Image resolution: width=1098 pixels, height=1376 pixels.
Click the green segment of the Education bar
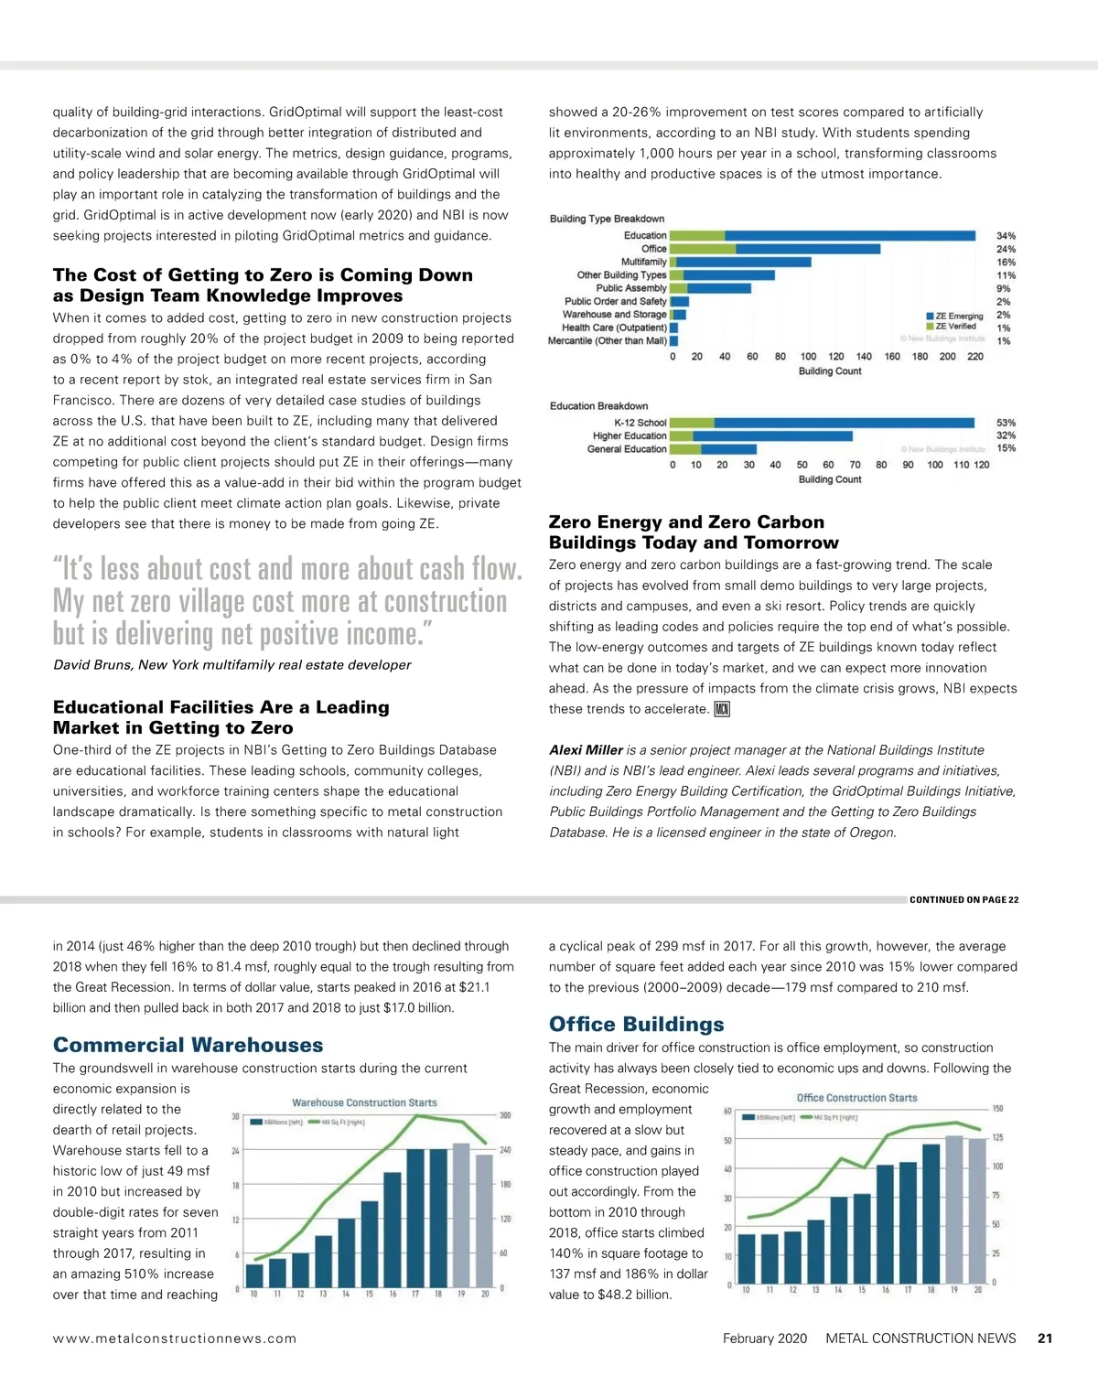(x=698, y=236)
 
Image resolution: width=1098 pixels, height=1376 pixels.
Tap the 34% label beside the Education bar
(x=1006, y=236)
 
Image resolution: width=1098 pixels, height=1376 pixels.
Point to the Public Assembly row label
(x=630, y=288)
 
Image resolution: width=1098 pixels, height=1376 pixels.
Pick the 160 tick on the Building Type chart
(x=892, y=357)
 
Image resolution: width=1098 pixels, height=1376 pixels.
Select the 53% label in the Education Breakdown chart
(x=1006, y=423)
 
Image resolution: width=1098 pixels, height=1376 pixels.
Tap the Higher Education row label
(x=629, y=436)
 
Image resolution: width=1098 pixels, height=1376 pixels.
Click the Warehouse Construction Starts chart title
(x=364, y=1103)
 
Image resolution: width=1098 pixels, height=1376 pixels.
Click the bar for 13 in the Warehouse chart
(x=323, y=1261)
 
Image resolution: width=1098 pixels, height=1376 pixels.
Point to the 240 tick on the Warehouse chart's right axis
(x=505, y=1150)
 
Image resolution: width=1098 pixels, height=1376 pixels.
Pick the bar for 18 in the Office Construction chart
(x=931, y=1213)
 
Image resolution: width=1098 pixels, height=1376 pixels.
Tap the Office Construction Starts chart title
(x=856, y=1098)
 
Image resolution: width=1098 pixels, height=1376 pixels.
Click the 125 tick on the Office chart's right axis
(x=997, y=1137)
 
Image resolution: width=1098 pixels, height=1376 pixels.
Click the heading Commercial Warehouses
(x=188, y=1045)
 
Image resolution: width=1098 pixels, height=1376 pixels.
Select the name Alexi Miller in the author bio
(x=586, y=750)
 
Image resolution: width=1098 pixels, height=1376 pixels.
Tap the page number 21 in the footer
(x=1045, y=1338)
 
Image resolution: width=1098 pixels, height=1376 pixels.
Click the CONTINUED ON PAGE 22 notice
(x=963, y=900)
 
